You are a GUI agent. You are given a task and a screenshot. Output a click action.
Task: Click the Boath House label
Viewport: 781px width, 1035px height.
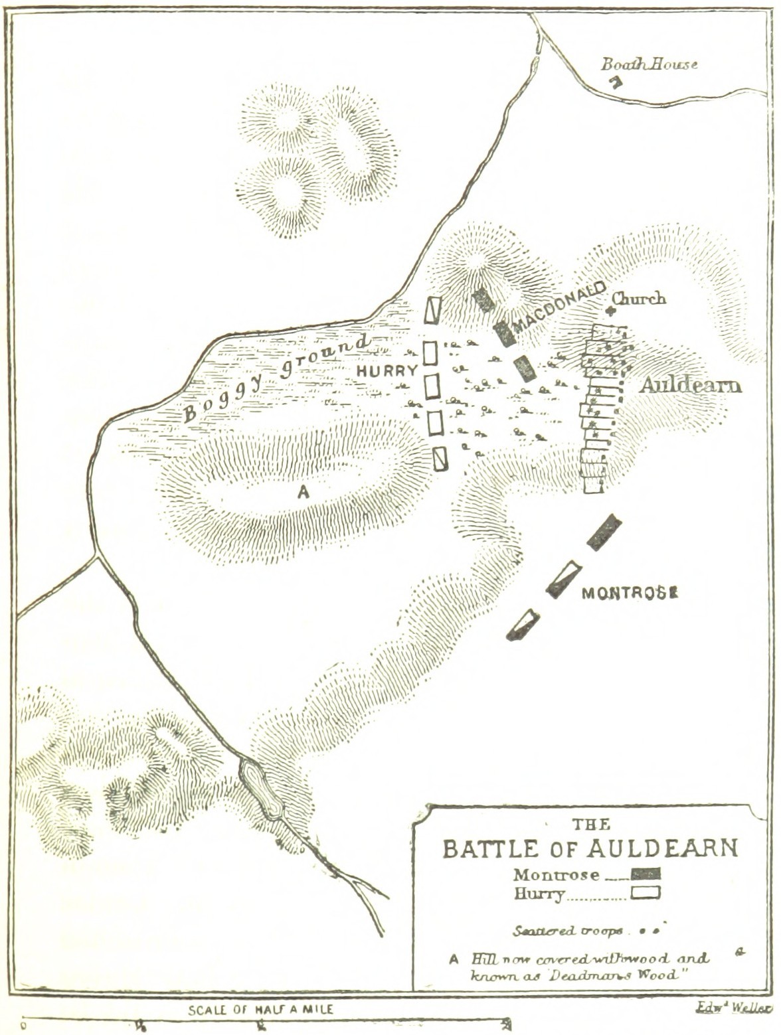point(649,64)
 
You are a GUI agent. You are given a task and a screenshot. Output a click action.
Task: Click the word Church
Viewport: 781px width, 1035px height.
point(639,299)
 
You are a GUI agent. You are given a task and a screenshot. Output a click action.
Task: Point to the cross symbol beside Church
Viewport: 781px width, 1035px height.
point(610,309)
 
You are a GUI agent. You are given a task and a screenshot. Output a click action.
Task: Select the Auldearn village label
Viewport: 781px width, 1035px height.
point(691,385)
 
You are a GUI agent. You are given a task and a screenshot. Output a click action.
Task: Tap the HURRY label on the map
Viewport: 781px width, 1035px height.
point(387,370)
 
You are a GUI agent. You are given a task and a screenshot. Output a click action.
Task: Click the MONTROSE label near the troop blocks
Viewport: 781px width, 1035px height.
point(630,593)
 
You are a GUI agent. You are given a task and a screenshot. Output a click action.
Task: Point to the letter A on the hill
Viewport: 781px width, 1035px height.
point(304,492)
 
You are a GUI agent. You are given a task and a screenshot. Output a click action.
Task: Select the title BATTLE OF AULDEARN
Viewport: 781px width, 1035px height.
point(590,849)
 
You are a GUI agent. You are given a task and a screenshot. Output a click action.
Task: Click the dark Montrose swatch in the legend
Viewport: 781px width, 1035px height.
point(646,874)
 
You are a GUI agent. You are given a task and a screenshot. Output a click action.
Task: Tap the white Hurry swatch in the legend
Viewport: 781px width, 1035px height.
point(646,893)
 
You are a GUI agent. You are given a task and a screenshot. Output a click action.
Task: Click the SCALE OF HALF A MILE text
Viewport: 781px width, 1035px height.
point(260,1010)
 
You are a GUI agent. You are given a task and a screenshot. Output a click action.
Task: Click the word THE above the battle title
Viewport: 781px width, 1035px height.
point(591,825)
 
